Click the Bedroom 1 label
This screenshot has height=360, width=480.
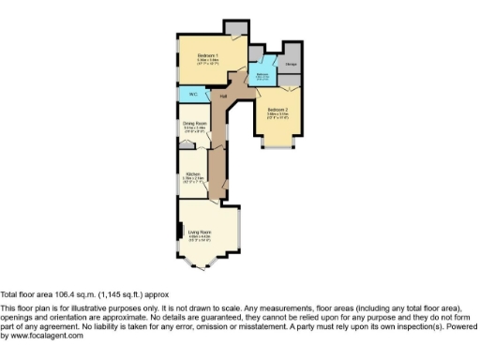[207, 56]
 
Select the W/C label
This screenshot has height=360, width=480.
[192, 95]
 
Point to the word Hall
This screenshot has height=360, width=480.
[223, 95]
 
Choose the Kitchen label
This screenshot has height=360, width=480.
[192, 174]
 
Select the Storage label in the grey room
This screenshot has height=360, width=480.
[291, 65]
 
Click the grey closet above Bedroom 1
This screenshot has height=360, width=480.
[235, 26]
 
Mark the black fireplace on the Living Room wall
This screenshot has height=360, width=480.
[178, 232]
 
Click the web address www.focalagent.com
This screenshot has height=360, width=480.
[47, 336]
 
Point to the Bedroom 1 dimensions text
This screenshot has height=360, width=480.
[207, 63]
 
